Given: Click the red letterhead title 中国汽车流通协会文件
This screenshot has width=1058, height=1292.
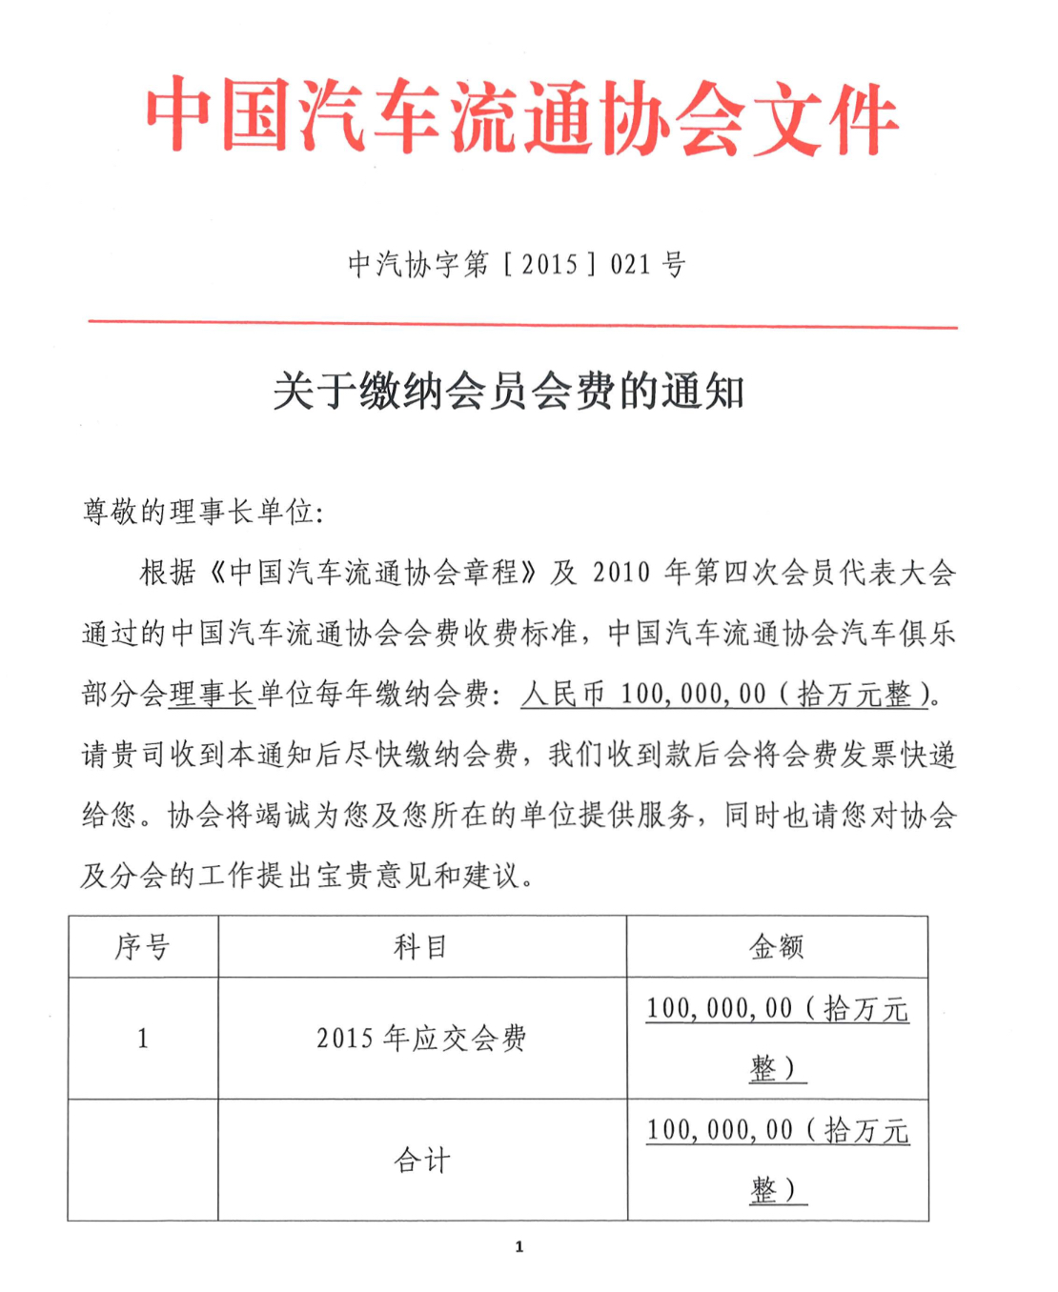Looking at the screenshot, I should click(x=521, y=117).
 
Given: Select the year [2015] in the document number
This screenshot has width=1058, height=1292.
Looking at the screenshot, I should click(x=549, y=264).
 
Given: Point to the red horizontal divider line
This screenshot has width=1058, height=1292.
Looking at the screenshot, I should click(x=522, y=324).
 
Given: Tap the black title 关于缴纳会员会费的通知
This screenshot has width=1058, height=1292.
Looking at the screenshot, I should click(x=508, y=392).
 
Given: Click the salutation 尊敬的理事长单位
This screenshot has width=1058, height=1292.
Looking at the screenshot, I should click(x=202, y=513).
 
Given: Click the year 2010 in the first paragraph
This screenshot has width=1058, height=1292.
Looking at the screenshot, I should click(x=621, y=573).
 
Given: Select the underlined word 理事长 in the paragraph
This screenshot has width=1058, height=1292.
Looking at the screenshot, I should click(x=213, y=694).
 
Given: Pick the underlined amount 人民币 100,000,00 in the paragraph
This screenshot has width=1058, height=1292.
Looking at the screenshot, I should click(x=643, y=694).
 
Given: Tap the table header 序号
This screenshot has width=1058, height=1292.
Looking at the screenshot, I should click(x=143, y=947).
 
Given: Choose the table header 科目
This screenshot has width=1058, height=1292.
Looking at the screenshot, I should click(x=421, y=947).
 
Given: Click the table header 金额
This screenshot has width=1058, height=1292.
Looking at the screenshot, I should click(x=777, y=947).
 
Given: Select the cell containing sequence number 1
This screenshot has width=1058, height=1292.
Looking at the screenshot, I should click(x=143, y=1039).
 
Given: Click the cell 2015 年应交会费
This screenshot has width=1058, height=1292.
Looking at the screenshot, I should click(x=421, y=1039).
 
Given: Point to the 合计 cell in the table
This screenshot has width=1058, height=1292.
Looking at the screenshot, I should click(x=421, y=1161).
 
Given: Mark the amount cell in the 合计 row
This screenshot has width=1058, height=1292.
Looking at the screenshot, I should click(x=778, y=1160).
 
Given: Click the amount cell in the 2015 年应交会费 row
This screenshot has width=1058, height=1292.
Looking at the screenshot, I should click(x=778, y=1038).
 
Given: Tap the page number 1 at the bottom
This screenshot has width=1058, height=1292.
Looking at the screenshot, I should click(x=519, y=1246).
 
